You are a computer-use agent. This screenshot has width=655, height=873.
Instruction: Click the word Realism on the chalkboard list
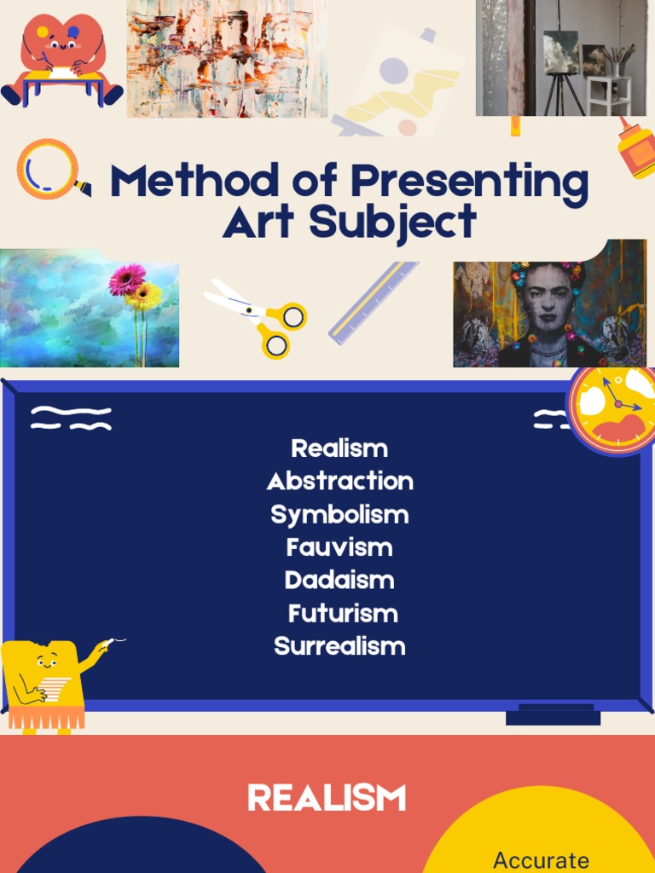pos(339,448)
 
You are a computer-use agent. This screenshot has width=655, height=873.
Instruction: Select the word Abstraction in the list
pos(339,481)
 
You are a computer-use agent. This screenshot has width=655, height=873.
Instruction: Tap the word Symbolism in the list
pos(339,515)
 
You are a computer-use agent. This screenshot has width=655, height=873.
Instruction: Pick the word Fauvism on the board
pos(339,547)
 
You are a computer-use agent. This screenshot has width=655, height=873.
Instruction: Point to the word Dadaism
pos(339,581)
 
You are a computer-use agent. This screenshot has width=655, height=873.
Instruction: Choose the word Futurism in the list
pos(343,613)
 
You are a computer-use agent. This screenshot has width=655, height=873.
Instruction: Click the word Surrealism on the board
pos(339,646)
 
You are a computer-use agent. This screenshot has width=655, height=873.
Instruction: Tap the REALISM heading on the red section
pos(327,799)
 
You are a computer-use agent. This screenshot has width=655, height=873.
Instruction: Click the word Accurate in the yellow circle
pos(541,859)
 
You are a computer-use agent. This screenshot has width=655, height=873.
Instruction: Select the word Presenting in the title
pos(470,182)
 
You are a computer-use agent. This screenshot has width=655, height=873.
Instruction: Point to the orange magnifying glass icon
pos(49,170)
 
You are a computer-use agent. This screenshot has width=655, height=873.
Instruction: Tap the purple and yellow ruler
pos(374,302)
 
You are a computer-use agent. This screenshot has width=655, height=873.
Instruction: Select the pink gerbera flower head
pos(127,279)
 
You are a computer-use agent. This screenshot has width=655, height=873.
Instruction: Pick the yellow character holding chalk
pos(47,682)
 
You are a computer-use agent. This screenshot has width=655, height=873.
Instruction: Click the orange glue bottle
pos(635,148)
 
